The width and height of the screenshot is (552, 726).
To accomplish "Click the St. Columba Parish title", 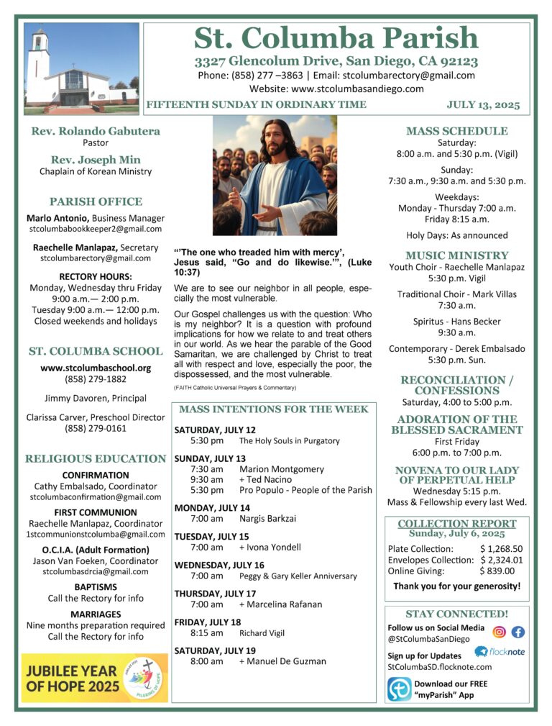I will click(336, 38).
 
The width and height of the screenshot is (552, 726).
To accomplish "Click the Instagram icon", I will click(499, 632).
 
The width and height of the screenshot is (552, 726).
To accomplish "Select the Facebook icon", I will click(517, 632).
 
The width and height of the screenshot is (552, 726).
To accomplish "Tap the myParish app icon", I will click(399, 689).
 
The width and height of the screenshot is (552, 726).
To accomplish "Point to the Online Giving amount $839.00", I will click(497, 571).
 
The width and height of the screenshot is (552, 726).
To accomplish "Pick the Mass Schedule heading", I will click(456, 131).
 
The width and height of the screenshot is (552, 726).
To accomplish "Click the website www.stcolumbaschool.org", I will click(96, 368).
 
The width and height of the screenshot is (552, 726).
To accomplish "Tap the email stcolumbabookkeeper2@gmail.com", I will click(96, 229).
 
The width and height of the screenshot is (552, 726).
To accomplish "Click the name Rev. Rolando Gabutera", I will click(96, 131).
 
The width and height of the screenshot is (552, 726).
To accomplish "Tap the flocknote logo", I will click(500, 652).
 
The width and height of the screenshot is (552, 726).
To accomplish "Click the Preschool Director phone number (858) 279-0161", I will click(96, 429).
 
